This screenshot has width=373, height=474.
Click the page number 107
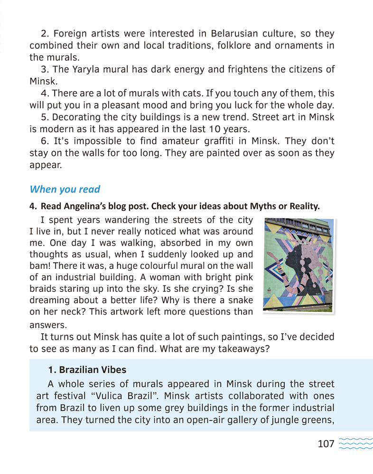326,444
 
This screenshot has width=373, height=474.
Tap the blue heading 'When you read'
65,189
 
